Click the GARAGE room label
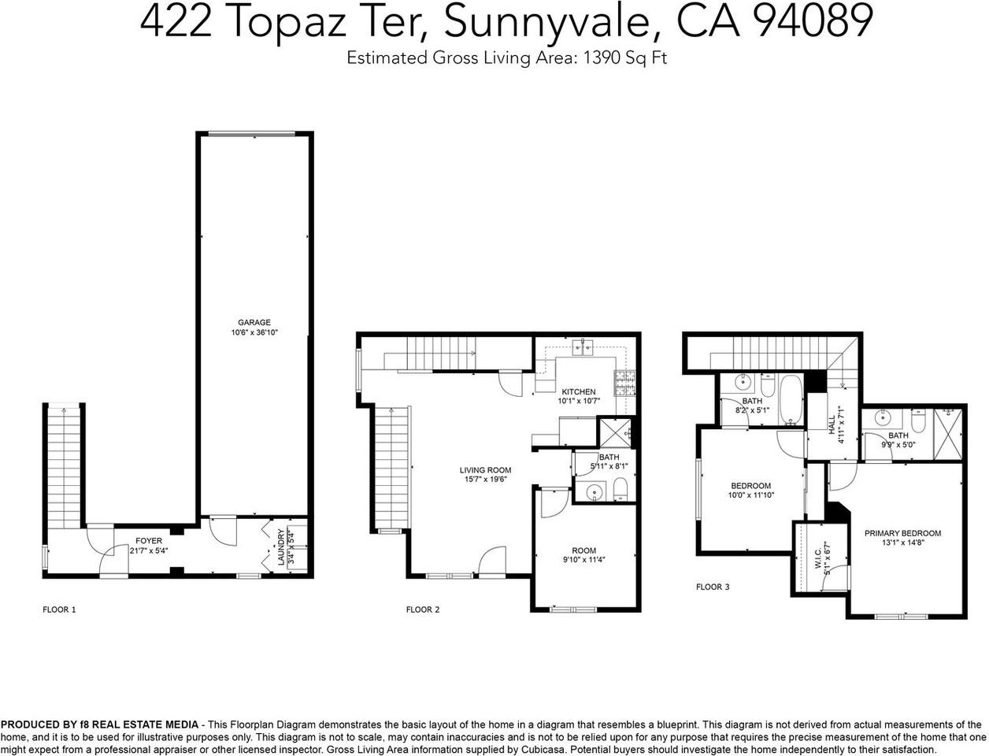tap(254, 322)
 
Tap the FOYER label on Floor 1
tap(149, 541)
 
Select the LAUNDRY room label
tap(281, 546)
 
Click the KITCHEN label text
tap(579, 391)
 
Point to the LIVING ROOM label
tap(486, 470)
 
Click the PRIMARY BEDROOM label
tap(902, 533)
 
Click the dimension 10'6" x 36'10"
tap(254, 333)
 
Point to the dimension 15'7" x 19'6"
tap(486, 480)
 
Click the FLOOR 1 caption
tap(59, 610)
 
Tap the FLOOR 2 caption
tap(423, 610)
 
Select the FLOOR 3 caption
tap(713, 587)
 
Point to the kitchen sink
tap(583, 346)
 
